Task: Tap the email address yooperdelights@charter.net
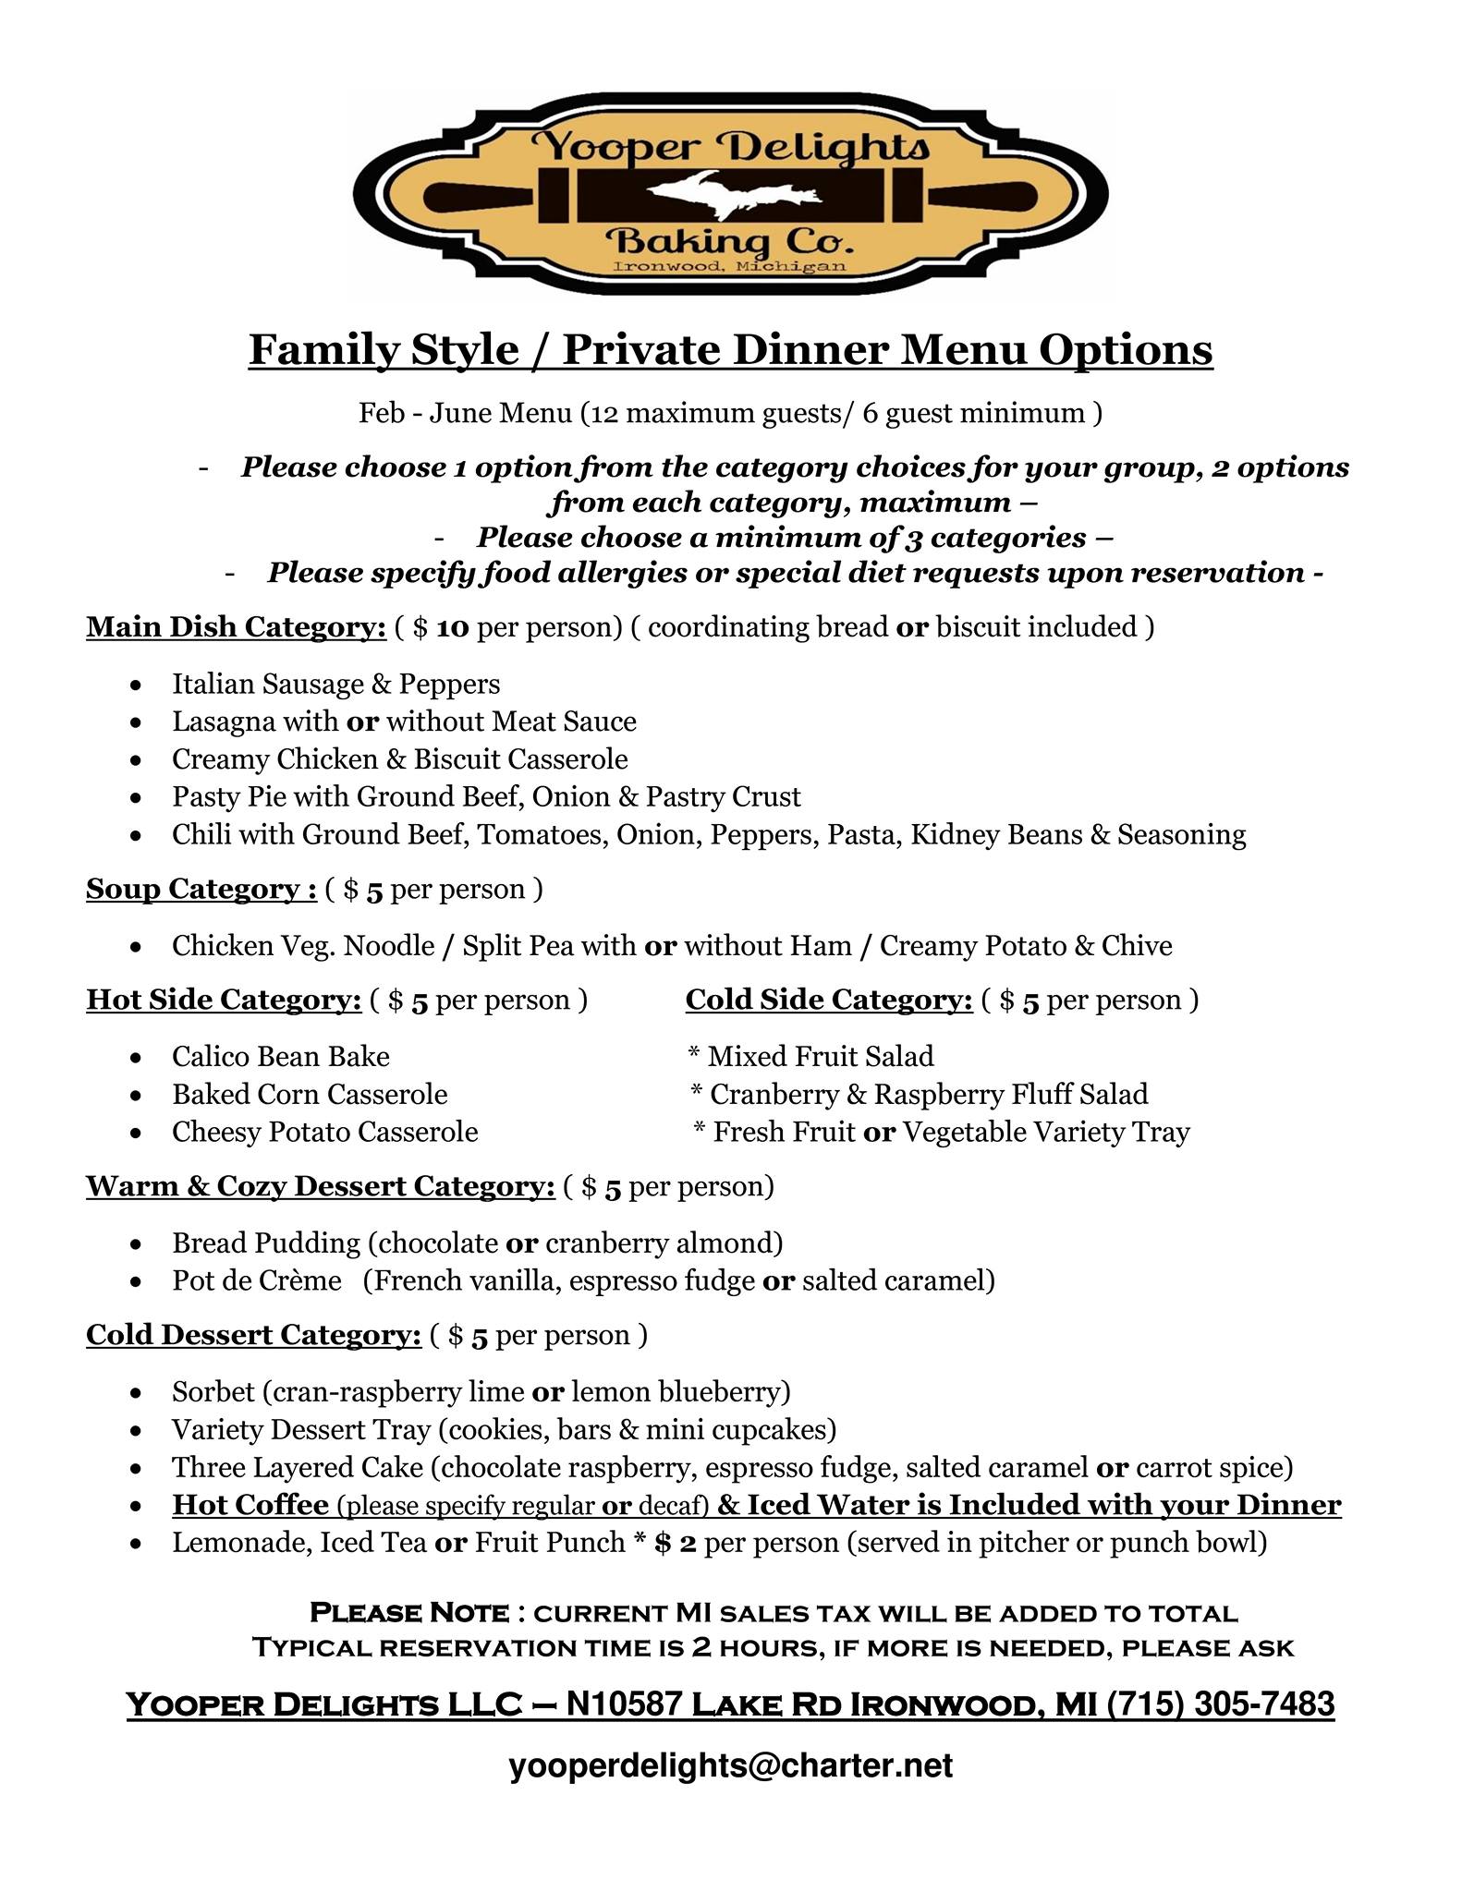[x=730, y=1765]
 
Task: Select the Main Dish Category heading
[x=236, y=626]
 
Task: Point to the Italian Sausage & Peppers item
[x=335, y=684]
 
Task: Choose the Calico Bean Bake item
[x=280, y=1056]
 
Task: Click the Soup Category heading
[x=201, y=889]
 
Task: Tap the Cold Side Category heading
[x=828, y=1000]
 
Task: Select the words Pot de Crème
[x=256, y=1280]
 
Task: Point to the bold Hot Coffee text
[x=250, y=1505]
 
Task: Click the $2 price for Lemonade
[x=675, y=1543]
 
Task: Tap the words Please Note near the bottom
[x=408, y=1613]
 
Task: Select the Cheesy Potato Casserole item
[x=324, y=1132]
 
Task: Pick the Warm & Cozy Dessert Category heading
[x=320, y=1186]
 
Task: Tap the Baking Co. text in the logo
[x=728, y=244]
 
